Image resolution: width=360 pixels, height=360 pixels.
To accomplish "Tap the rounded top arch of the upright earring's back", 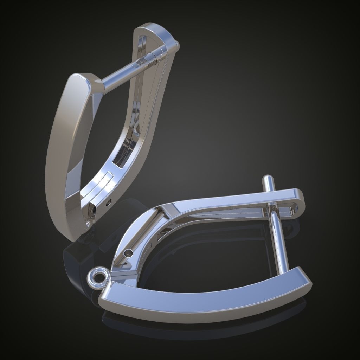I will click(x=155, y=30).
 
